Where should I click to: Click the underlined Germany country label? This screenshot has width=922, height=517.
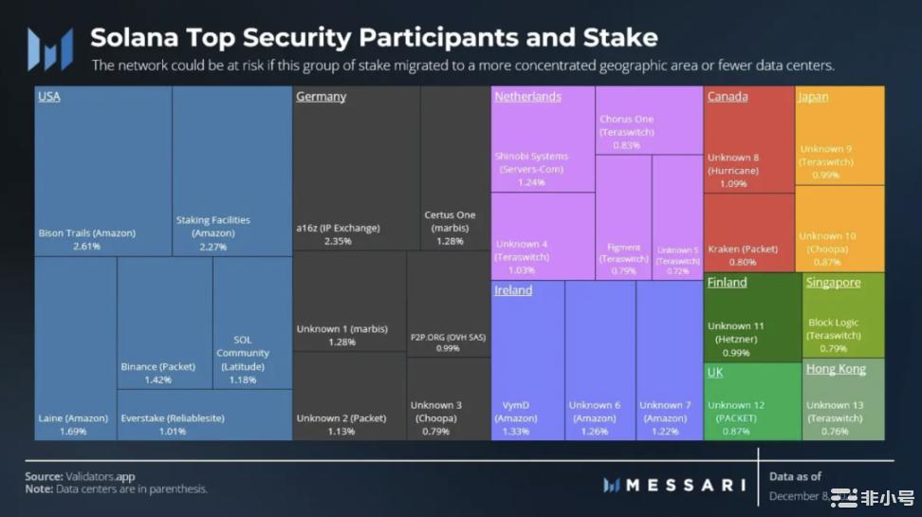click(x=321, y=97)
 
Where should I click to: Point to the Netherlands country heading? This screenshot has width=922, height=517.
click(x=527, y=97)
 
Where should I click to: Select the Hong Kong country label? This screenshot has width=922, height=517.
click(x=835, y=369)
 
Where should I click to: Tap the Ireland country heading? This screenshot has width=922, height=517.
click(x=513, y=290)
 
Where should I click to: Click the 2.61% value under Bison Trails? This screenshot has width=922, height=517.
click(x=87, y=246)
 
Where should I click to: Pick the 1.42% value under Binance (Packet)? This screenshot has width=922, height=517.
click(x=158, y=379)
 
